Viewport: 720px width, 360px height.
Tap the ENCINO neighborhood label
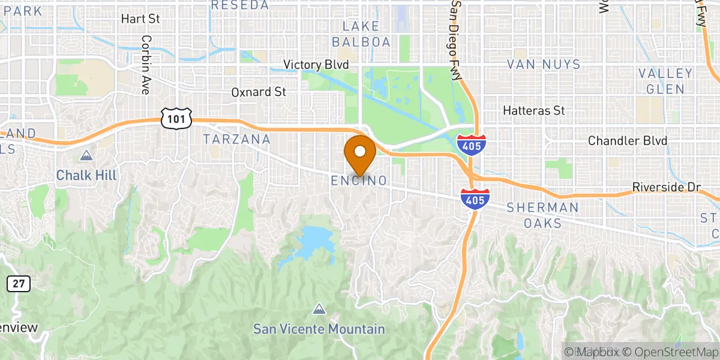(x=359, y=181)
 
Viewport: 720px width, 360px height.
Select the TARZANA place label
(x=236, y=139)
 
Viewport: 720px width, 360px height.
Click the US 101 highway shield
(x=176, y=119)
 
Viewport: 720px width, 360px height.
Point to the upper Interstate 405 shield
(x=471, y=145)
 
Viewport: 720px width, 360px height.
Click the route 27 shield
(x=19, y=284)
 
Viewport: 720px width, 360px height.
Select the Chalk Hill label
(x=86, y=175)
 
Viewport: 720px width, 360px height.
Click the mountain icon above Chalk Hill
(x=87, y=156)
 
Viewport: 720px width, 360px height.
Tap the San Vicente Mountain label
(x=319, y=329)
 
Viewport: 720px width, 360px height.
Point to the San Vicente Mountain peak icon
(x=319, y=310)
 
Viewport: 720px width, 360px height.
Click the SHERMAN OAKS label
(x=543, y=215)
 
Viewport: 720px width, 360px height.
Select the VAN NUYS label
(x=544, y=64)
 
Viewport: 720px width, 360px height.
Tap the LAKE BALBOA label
(x=361, y=34)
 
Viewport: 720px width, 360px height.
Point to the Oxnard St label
(x=259, y=92)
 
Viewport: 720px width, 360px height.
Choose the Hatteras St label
(x=534, y=111)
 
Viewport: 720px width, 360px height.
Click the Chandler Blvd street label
(x=627, y=141)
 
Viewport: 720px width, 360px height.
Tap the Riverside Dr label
(x=667, y=188)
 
